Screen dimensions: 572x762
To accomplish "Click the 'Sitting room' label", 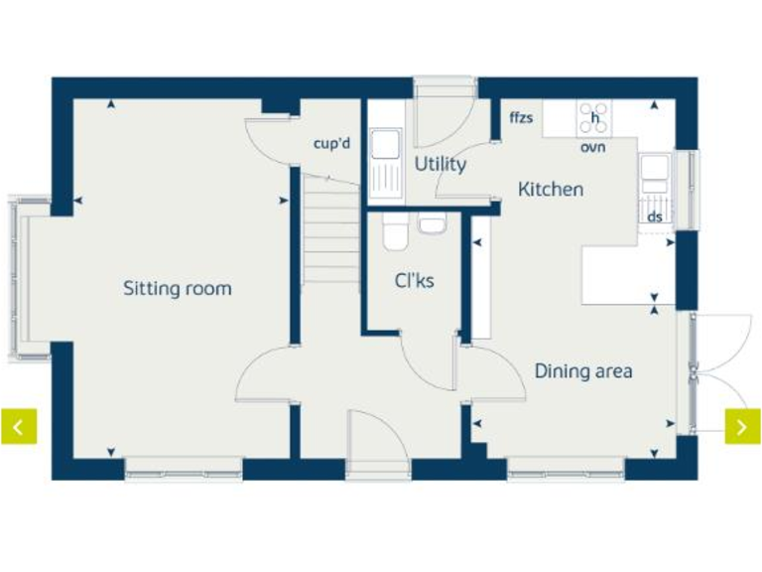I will tap(177, 289).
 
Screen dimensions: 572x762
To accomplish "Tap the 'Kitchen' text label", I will tap(551, 189).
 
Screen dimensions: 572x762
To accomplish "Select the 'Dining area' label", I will tap(583, 371).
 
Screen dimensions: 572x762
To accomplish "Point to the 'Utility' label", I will tap(440, 164).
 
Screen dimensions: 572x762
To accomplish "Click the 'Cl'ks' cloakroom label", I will tap(414, 281).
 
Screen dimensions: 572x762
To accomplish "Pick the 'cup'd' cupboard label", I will tap(332, 144).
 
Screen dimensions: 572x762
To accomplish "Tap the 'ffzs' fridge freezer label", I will tap(521, 118).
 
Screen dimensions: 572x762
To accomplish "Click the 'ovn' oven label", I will tap(593, 147).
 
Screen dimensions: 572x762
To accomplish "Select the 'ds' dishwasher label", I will tap(654, 215).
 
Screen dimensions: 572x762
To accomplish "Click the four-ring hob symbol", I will tap(594, 117).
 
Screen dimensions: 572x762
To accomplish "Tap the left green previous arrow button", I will tap(19, 426).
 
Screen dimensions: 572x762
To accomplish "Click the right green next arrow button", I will tap(742, 426).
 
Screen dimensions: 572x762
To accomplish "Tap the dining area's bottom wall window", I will tap(566, 467).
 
